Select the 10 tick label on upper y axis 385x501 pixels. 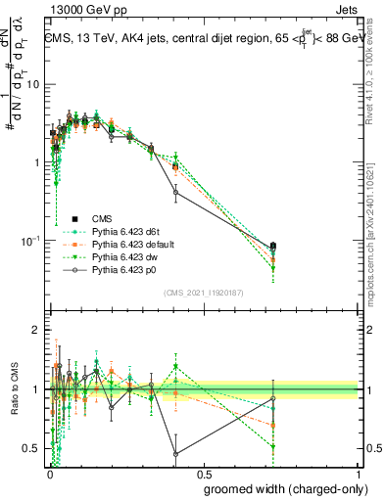33,84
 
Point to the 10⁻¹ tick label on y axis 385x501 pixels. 31,241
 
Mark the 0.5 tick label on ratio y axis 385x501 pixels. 32,449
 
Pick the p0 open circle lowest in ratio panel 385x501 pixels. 175,454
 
